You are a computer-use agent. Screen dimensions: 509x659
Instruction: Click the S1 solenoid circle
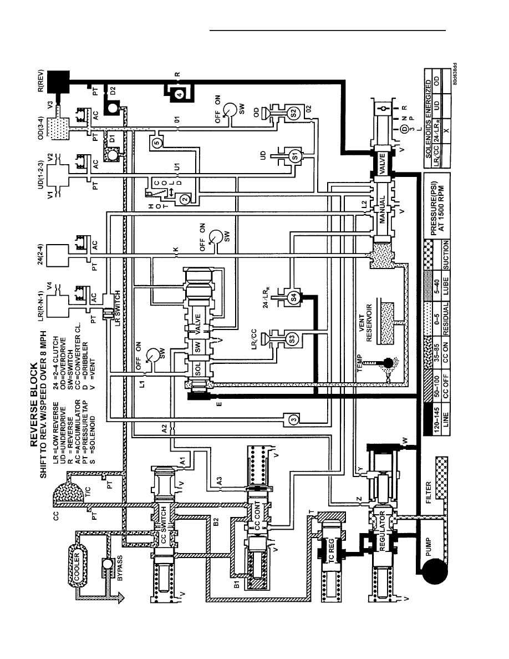click(x=294, y=156)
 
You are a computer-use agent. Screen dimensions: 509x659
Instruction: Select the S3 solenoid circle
click(x=293, y=338)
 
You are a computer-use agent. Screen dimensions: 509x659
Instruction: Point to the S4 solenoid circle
click(x=293, y=297)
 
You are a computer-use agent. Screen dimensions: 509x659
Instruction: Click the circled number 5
click(x=157, y=143)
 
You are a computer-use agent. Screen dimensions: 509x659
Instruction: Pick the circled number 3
click(x=294, y=419)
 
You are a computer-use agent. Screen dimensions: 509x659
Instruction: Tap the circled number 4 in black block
click(x=179, y=94)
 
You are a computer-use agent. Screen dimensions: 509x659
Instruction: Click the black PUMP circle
click(x=432, y=572)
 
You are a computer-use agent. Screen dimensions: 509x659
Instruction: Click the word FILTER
click(x=429, y=491)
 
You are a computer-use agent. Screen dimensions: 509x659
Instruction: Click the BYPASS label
click(x=120, y=568)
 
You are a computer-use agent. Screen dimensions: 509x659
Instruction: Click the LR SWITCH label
click(x=118, y=308)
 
